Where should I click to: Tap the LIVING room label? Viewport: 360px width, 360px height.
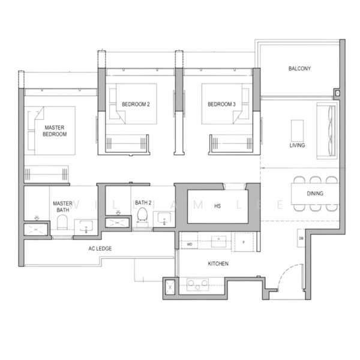297,146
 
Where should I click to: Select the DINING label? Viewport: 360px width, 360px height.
314,194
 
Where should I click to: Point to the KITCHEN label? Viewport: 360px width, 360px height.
218,264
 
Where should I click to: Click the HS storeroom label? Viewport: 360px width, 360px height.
217,206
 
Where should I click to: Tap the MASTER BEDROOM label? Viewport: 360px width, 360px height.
55,131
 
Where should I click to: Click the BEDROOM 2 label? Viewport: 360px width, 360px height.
136,104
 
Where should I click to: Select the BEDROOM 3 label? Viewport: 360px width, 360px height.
221,104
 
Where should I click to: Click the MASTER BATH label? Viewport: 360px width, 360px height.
62,206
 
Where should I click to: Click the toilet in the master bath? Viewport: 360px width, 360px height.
61,224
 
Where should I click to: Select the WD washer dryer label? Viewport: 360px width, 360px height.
189,245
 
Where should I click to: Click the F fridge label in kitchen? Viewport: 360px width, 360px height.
244,242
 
